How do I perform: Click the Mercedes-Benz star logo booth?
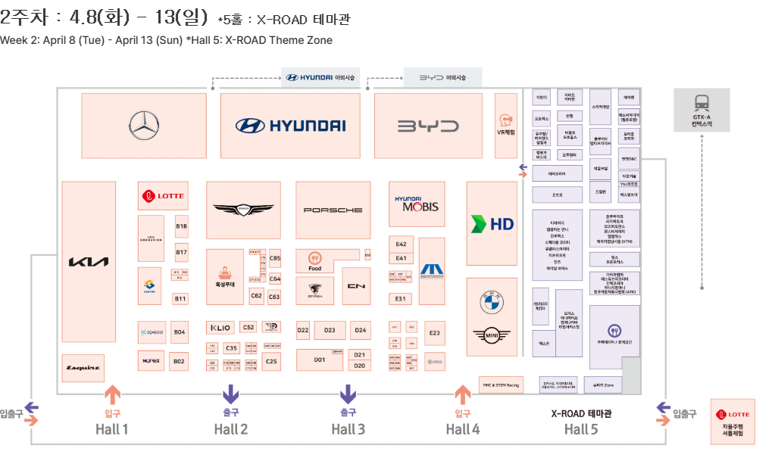[144, 126]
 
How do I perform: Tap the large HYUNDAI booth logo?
[290, 126]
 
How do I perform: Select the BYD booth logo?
[428, 126]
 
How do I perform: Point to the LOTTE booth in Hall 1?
[162, 195]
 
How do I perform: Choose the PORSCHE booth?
[333, 210]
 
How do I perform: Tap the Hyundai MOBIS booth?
[417, 204]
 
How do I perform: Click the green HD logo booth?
[492, 223]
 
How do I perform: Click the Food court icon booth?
[315, 260]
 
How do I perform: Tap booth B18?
[181, 226]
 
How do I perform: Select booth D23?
[330, 331]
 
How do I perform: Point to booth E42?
[402, 244]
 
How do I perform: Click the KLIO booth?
[220, 328]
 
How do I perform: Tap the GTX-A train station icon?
[702, 104]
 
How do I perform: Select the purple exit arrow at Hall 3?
[348, 394]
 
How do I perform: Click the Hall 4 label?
[463, 430]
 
